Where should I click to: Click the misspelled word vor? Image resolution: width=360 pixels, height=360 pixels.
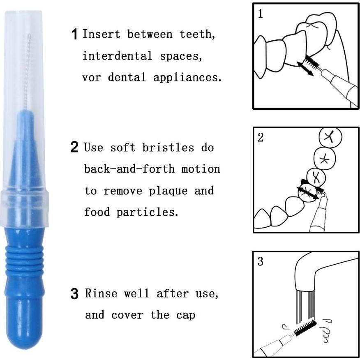[91, 77]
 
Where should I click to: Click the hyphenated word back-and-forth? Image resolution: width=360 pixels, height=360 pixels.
[130, 169]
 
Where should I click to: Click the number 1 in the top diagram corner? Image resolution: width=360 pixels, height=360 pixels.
[260, 14]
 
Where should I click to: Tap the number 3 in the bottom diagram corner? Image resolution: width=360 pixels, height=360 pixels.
[260, 262]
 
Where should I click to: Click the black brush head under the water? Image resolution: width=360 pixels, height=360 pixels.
[305, 328]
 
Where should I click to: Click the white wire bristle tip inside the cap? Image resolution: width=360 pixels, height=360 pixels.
[27, 70]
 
